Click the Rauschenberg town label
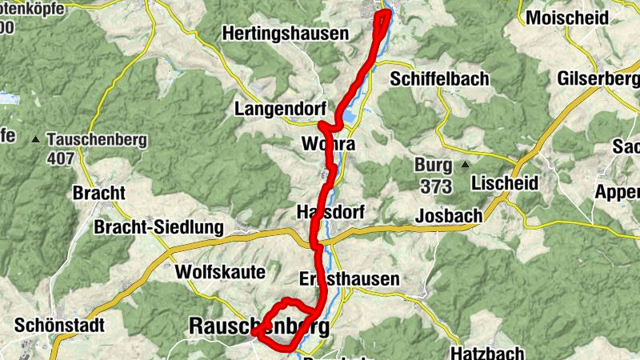[x=258, y=326]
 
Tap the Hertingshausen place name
[x=286, y=34]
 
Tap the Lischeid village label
[x=505, y=183]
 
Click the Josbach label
[x=450, y=216]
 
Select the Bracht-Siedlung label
[x=159, y=228]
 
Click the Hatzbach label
[x=487, y=352]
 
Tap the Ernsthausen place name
[x=348, y=278]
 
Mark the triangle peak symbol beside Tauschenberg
[x=35, y=141]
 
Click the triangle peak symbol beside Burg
[x=466, y=166]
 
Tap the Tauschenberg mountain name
[x=97, y=140]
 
